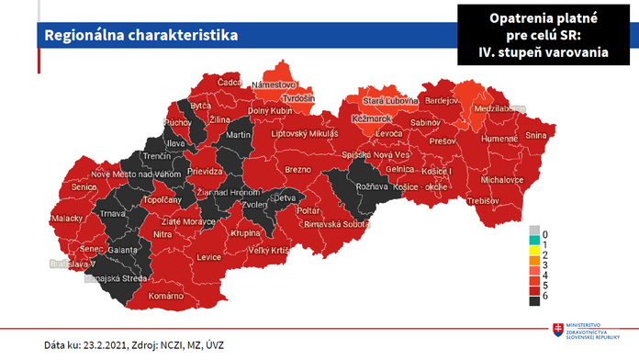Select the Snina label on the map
tap(536, 136)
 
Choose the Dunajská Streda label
tap(126, 276)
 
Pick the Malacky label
tap(66, 219)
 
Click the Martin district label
tap(238, 135)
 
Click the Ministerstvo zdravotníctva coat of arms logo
tap(557, 330)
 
